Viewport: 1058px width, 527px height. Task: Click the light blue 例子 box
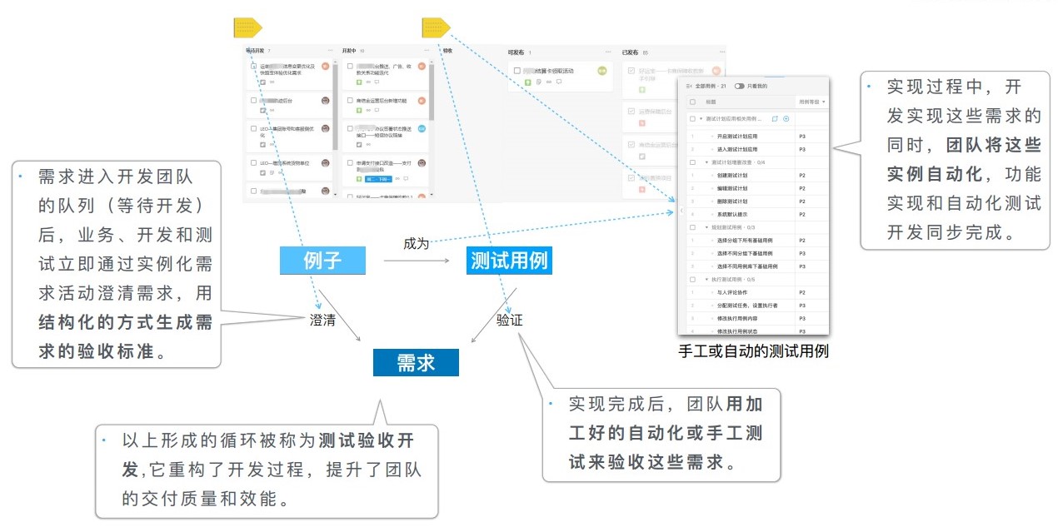(x=322, y=261)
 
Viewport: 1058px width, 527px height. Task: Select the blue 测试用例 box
(x=509, y=261)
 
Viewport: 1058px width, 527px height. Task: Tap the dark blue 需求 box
(x=416, y=362)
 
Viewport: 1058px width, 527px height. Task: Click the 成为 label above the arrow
(x=416, y=244)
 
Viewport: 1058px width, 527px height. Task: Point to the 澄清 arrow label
(x=322, y=320)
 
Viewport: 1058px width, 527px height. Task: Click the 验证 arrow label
(x=509, y=320)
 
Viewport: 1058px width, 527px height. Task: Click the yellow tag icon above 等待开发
(x=248, y=28)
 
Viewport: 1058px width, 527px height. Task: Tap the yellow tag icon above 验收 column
(x=436, y=28)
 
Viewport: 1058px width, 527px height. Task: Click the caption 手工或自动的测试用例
(x=753, y=351)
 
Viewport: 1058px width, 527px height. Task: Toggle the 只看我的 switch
(x=739, y=86)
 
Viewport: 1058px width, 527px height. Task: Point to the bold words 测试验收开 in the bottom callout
(x=367, y=440)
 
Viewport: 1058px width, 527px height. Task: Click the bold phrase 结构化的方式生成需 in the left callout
(x=126, y=322)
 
